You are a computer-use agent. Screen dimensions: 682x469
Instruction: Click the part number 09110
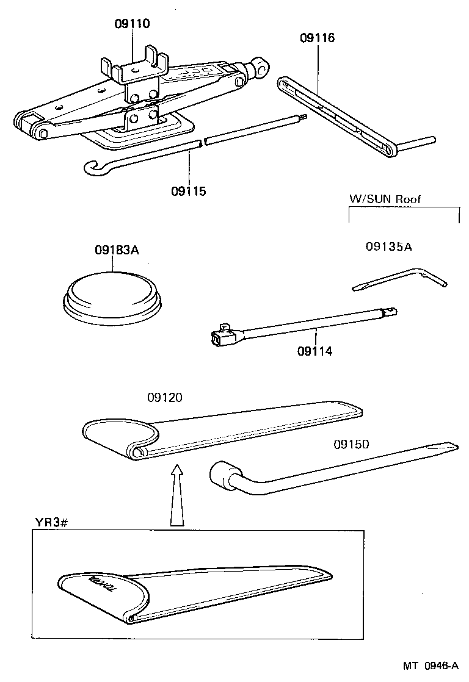(x=132, y=24)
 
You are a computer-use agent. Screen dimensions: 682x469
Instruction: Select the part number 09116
(x=317, y=38)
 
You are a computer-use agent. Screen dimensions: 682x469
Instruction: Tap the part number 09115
(x=189, y=191)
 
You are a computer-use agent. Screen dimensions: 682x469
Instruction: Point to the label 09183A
(x=117, y=250)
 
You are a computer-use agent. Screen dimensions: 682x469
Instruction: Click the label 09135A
(x=388, y=247)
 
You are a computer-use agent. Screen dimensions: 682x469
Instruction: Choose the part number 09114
(x=315, y=351)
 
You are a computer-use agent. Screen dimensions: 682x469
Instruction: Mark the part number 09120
(x=164, y=398)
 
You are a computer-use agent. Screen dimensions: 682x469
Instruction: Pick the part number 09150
(x=351, y=445)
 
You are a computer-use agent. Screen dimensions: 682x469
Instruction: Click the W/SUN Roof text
(x=385, y=199)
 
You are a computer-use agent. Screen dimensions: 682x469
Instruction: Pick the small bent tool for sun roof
(x=400, y=278)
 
